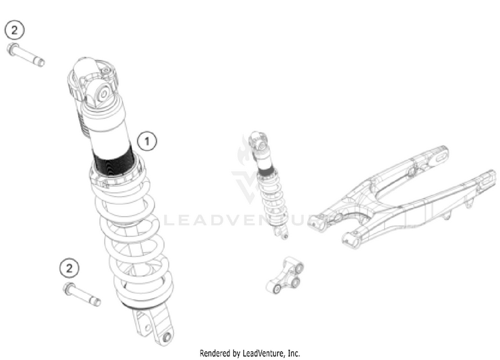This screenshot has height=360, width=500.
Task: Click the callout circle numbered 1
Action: point(147,141)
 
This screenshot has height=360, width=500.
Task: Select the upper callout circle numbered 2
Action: point(15,30)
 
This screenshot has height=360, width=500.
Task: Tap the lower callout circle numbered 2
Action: point(69,268)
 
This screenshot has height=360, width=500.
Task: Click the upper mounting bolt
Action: point(25,55)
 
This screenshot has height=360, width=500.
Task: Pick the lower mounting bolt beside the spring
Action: point(82,294)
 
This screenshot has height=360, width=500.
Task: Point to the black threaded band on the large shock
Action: point(114,161)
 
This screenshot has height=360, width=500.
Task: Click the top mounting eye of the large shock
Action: point(103,95)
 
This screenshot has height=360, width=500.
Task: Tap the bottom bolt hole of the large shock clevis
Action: point(167,337)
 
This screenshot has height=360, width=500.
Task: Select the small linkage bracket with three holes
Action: point(285,275)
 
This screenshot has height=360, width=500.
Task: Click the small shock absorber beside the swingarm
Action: point(269,184)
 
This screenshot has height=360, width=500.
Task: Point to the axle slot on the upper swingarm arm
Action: point(439,158)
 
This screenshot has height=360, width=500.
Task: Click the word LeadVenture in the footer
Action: point(263,353)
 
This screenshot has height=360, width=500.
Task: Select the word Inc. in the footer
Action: point(294,353)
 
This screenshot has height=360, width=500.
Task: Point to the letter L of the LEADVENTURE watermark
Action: point(169,221)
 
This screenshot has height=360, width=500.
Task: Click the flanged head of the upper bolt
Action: point(12,49)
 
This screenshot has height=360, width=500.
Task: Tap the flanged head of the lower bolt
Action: point(69,289)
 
